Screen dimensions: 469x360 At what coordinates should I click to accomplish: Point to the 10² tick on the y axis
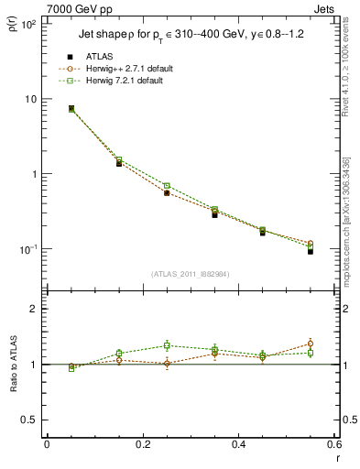27,25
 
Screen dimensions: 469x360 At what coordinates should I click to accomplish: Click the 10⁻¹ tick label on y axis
27,249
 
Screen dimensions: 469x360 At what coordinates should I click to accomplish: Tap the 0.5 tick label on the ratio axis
28,420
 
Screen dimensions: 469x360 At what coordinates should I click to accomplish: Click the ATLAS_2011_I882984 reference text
191,273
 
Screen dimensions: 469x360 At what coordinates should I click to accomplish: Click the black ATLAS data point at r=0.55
311,251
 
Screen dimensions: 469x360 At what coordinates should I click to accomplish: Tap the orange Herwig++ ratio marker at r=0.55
311,344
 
